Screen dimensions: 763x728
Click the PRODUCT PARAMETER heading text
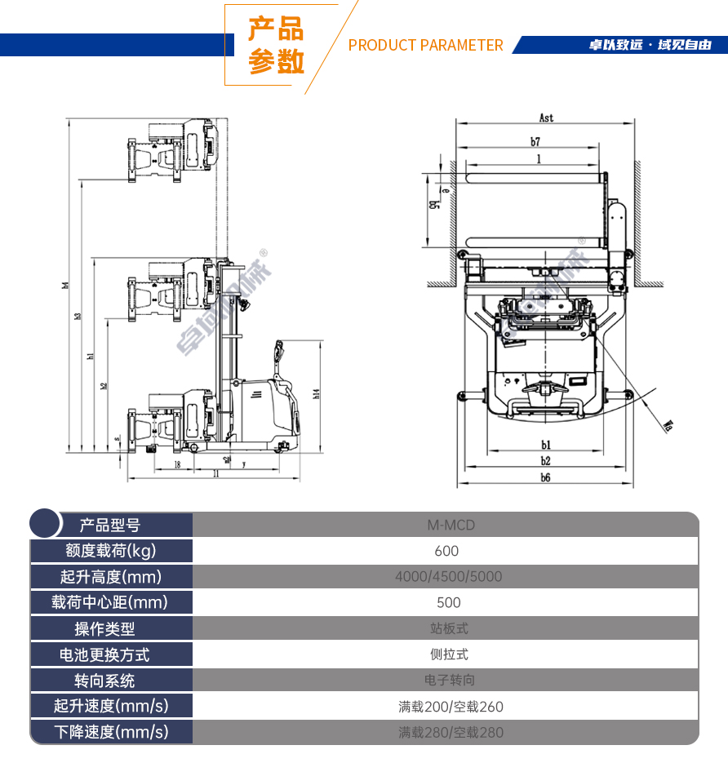pos(425,45)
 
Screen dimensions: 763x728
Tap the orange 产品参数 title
pos(276,46)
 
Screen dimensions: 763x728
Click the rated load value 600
pos(446,551)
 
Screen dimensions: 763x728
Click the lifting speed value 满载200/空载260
pos(451,707)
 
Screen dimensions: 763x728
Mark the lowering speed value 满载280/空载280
pos(451,733)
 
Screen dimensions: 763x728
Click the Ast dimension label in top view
pos(546,118)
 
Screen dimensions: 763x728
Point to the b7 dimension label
pos(535,142)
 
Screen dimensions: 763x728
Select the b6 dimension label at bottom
pos(544,478)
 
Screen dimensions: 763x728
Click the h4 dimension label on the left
pos(65,285)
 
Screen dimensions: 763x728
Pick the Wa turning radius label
pos(668,424)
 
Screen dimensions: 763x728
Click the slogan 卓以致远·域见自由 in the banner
pos(650,45)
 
